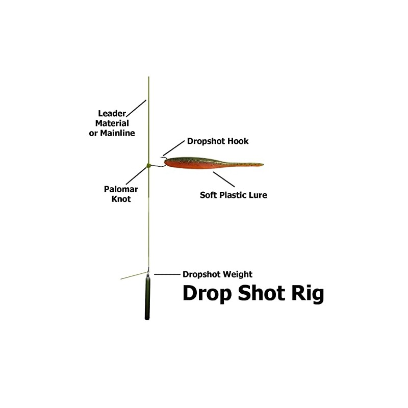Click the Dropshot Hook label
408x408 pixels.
coord(218,141)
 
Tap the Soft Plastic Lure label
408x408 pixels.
coord(233,195)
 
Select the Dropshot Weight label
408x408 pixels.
coord(217,274)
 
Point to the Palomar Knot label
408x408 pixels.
coord(121,194)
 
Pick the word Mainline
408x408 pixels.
coord(119,133)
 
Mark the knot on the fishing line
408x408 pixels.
coord(148,165)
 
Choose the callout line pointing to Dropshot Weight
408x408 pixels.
coord(166,274)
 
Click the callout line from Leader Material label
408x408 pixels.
coord(136,108)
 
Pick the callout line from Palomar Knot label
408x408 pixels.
coord(136,176)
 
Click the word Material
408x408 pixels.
coord(112,123)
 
